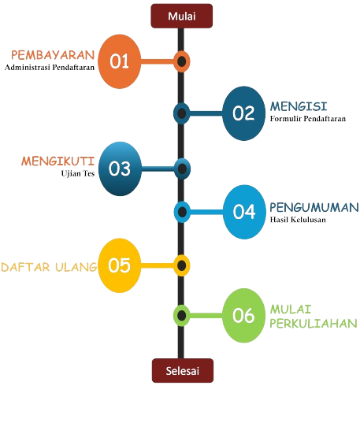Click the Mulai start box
182,16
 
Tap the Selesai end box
183,370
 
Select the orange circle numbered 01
120,61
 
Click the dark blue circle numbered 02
243,113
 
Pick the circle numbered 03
120,169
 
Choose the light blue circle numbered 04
244,212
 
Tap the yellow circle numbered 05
120,265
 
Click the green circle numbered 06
243,315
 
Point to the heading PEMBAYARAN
53,55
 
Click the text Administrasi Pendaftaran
50,67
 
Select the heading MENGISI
299,106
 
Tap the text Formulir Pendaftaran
308,118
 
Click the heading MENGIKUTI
58,161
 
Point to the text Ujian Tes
78,173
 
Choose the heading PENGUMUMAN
314,208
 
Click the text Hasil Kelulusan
298,220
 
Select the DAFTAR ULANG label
49,267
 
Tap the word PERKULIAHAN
314,324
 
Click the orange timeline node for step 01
182,61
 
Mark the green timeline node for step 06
182,315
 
